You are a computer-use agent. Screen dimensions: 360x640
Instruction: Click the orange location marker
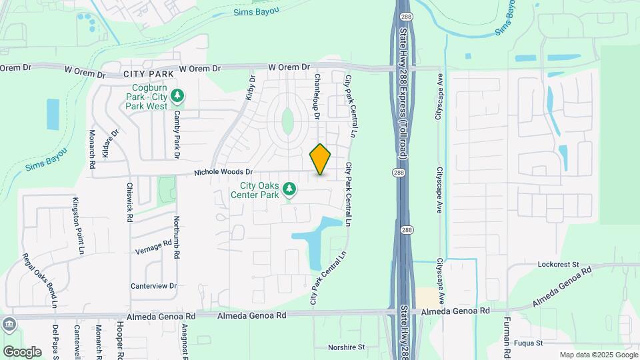(320, 159)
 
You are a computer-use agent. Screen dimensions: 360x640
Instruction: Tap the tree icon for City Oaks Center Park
(289, 191)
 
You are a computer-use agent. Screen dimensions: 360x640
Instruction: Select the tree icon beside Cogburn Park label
(177, 97)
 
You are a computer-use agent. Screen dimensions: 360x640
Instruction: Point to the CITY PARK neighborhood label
(148, 73)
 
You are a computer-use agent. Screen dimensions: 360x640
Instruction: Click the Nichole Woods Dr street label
(223, 172)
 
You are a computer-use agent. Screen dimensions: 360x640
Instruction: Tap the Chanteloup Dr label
(317, 97)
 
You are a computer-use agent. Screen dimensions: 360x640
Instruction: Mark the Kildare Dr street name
(110, 143)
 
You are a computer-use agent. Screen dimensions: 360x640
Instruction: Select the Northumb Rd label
(177, 237)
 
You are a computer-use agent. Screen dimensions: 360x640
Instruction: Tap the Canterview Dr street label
(154, 286)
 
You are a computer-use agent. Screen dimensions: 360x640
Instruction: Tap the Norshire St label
(347, 347)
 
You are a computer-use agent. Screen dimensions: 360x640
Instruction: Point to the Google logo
(22, 351)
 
